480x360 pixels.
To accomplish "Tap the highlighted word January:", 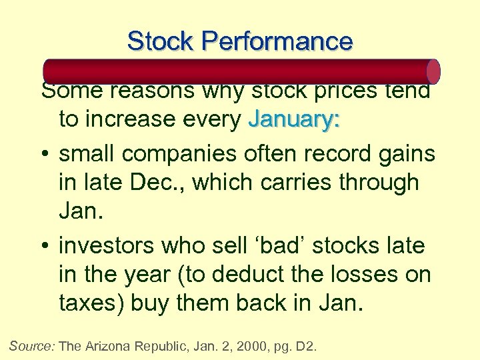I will (x=294, y=120).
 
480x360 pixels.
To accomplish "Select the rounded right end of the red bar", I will (x=433, y=71).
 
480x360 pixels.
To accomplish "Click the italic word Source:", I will (x=33, y=345).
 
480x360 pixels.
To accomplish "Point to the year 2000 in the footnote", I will (x=255, y=345).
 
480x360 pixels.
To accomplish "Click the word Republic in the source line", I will (x=163, y=345).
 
